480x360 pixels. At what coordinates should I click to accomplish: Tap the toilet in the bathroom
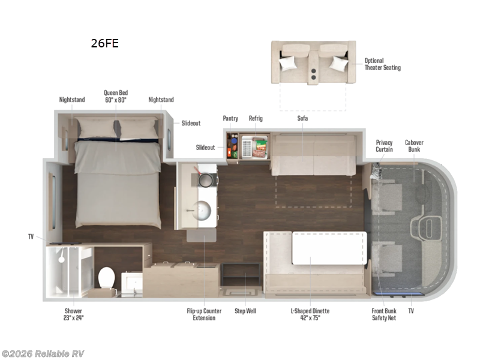click(107, 278)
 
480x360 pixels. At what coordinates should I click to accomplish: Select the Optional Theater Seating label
click(382, 64)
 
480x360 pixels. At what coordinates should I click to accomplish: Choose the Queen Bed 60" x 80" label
click(115, 96)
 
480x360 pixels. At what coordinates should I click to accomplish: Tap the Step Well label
click(245, 311)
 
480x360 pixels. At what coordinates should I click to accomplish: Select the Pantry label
click(230, 118)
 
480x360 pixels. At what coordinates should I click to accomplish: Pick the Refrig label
click(256, 118)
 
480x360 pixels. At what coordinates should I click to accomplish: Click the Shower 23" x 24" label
click(74, 314)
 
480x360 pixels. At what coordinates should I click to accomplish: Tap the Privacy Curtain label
click(384, 146)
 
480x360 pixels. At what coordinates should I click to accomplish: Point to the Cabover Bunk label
click(414, 146)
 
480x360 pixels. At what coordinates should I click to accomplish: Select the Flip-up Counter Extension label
click(204, 314)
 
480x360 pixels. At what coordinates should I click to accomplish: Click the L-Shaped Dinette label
click(310, 314)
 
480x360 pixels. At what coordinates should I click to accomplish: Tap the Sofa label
click(302, 118)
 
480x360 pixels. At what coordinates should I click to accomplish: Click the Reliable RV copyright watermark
click(43, 353)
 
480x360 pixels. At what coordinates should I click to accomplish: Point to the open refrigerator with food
click(254, 147)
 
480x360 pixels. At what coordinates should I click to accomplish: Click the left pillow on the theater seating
click(288, 63)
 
